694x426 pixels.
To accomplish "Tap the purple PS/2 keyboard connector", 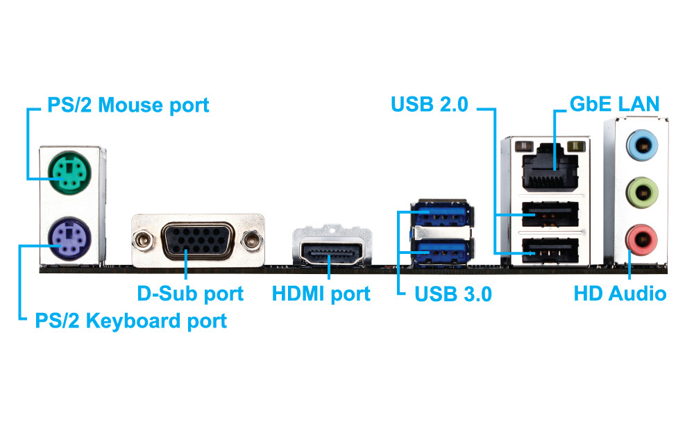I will pyautogui.click(x=68, y=239).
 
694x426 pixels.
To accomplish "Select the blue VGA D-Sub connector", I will pyautogui.click(x=197, y=240).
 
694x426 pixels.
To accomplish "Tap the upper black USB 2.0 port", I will pyautogui.click(x=552, y=214).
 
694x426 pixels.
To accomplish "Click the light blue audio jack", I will pyautogui.click(x=641, y=145).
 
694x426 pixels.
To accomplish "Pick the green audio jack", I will pyautogui.click(x=641, y=191).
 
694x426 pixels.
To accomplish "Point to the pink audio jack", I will pyautogui.click(x=641, y=239).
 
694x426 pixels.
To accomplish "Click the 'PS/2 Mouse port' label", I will pyautogui.click(x=128, y=106).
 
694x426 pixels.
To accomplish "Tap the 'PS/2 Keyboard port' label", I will pyautogui.click(x=130, y=321).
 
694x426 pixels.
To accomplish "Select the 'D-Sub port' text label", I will pyautogui.click(x=190, y=293).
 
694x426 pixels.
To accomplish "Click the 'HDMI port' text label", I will pyautogui.click(x=321, y=293).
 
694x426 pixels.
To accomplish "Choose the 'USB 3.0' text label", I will pyautogui.click(x=452, y=294).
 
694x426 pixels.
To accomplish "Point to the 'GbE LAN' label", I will pyautogui.click(x=613, y=105).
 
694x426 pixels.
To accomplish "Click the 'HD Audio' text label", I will pyautogui.click(x=620, y=293).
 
